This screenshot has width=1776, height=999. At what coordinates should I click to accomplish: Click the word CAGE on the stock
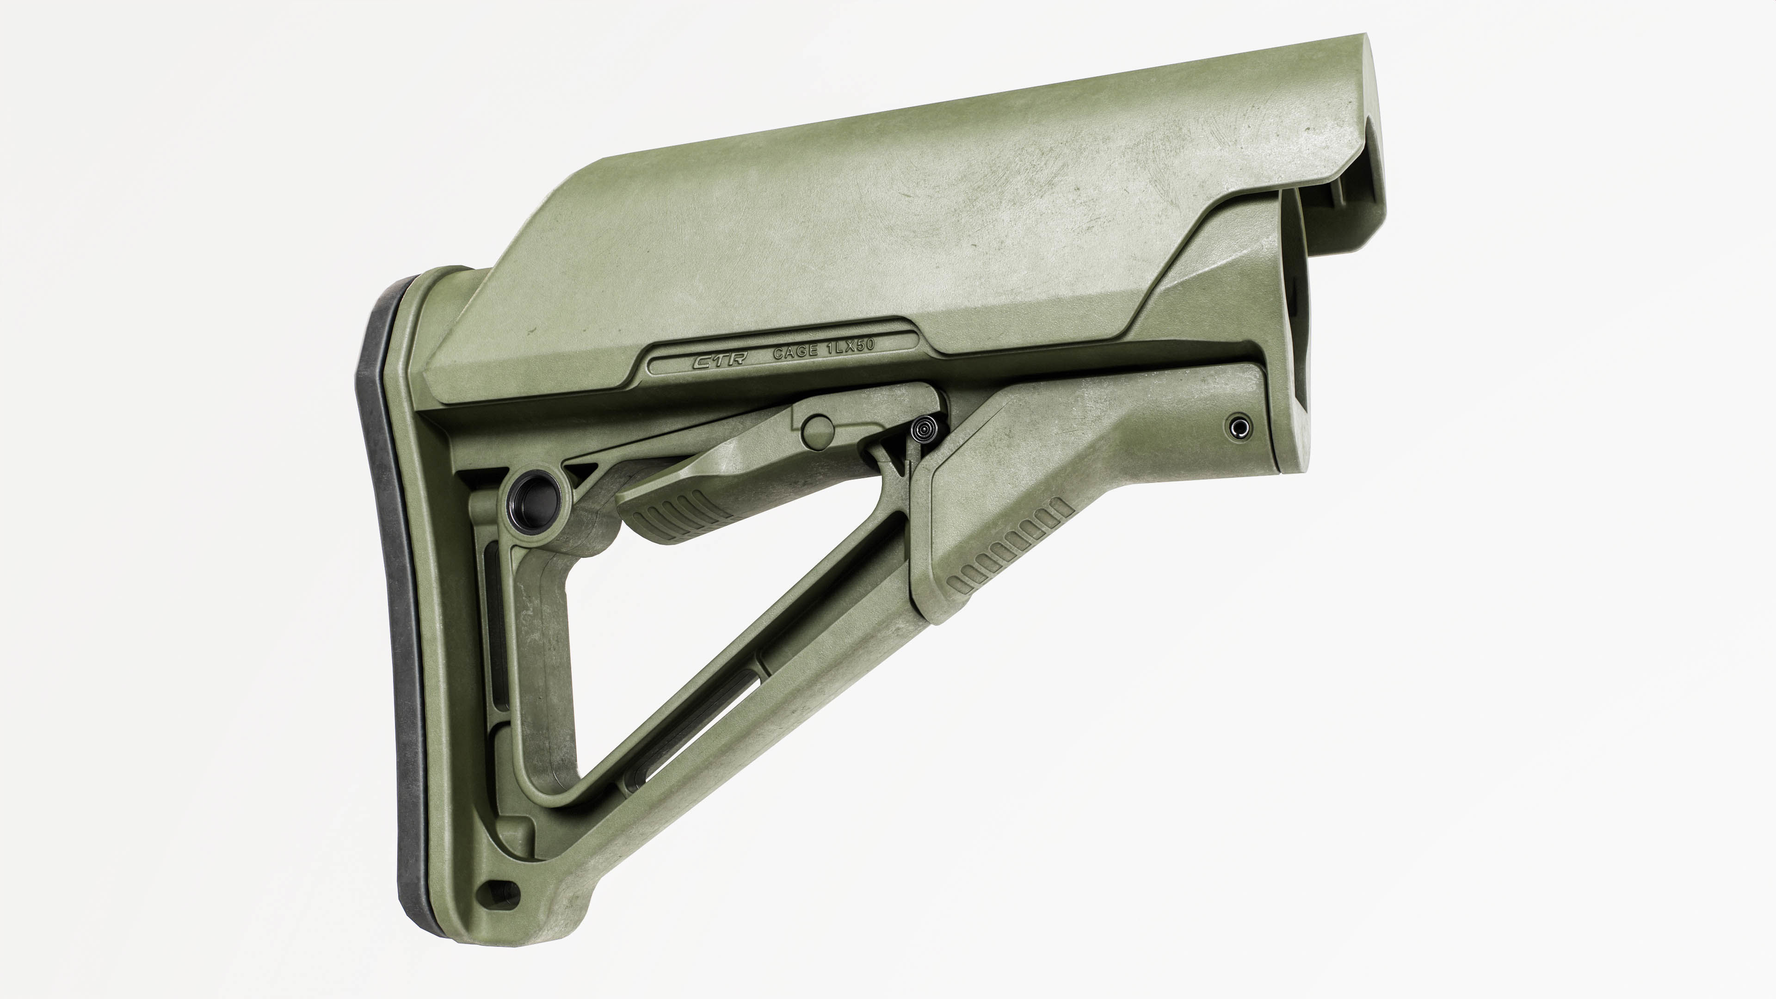tap(794, 353)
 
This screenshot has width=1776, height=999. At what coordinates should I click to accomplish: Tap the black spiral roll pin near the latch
tap(923, 430)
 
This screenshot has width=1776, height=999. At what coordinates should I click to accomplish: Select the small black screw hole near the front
tap(1239, 427)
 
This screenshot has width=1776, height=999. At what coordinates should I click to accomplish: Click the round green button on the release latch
tap(818, 430)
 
